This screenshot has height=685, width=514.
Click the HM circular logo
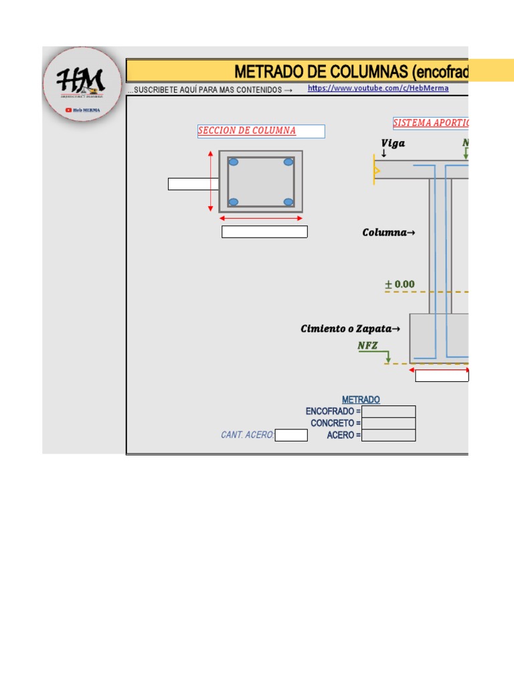82,84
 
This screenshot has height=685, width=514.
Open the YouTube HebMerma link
378,88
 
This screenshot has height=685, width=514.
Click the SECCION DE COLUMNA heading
247,131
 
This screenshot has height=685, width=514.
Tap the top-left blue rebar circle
233,162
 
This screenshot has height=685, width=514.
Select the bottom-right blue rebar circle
288,201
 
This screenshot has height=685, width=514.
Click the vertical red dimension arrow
211,181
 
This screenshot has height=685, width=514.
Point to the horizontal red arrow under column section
261,218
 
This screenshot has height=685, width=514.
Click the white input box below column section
264,232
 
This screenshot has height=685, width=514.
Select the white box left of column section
193,184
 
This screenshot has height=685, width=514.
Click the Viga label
393,143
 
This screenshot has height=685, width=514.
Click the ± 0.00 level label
400,284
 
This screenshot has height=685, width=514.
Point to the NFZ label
367,345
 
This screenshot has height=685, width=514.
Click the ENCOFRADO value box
388,411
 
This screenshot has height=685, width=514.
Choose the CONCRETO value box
388,423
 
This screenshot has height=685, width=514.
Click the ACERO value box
388,435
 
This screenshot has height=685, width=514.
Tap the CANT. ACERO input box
291,435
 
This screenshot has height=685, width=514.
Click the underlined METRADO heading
361,399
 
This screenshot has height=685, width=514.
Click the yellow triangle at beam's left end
377,171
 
